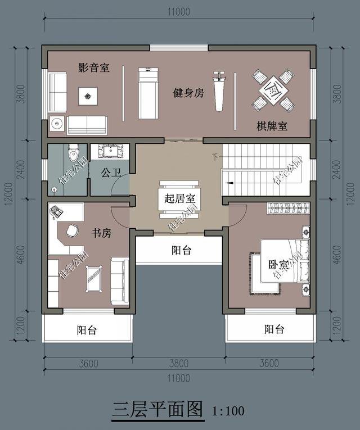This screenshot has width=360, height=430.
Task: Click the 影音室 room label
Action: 93,68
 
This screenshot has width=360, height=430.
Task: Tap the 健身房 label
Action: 188,93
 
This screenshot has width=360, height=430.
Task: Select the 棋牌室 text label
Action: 272,126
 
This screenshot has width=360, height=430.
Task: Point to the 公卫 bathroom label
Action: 111,173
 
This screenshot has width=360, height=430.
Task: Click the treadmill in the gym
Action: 148,93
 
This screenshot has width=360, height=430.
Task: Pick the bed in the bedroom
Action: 281,267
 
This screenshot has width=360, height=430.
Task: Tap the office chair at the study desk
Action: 73,230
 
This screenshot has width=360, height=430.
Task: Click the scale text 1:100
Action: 228,411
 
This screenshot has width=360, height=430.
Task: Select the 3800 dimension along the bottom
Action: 179,363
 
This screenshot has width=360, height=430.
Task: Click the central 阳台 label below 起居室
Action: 181,251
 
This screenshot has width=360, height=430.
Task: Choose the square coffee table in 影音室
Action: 88,96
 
